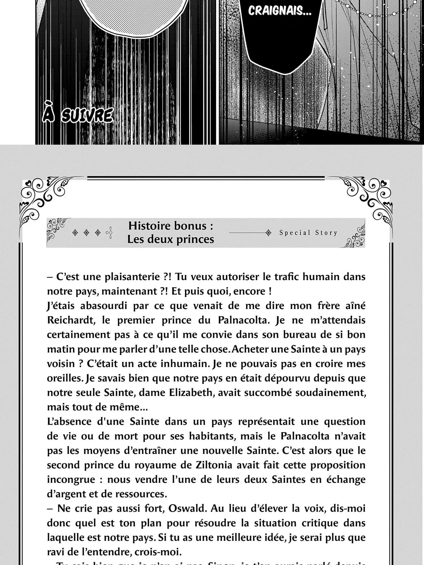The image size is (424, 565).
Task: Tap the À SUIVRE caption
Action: click(x=78, y=116)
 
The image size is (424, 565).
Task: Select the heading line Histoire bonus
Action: click(x=171, y=226)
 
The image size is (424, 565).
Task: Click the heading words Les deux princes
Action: click(x=171, y=239)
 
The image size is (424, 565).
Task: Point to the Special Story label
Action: click(x=308, y=233)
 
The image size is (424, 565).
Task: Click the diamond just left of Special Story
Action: click(x=268, y=233)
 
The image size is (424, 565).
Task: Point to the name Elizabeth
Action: click(x=191, y=393)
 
